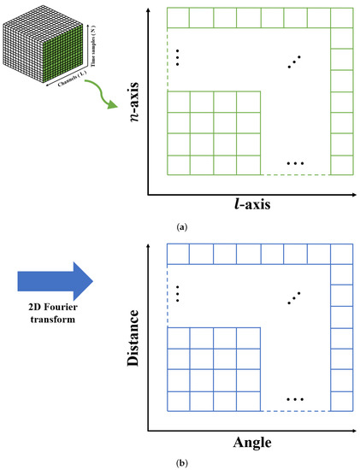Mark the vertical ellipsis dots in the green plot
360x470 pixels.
pos(177,57)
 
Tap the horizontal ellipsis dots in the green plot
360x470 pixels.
pos(295,163)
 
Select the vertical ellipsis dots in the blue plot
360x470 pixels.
pos(177,293)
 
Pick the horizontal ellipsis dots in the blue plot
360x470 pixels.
pos(295,399)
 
